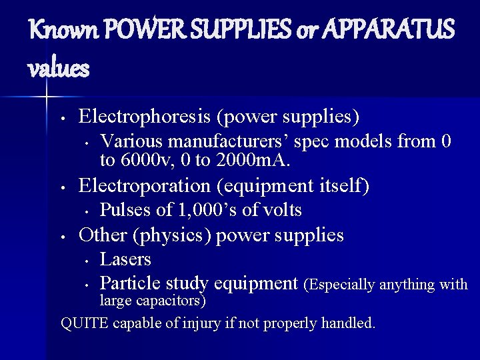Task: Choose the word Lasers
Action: [x=125, y=259]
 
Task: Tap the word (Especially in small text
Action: [x=341, y=285]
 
